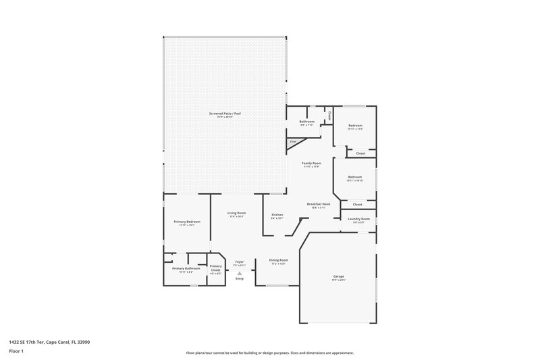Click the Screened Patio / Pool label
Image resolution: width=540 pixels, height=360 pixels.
pyautogui.click(x=225, y=113)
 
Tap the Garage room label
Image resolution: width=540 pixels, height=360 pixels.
pyautogui.click(x=338, y=276)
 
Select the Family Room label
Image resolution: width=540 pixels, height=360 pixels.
pyautogui.click(x=311, y=163)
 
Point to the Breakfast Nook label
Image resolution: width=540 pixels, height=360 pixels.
pyautogui.click(x=318, y=204)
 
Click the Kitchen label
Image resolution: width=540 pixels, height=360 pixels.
pyautogui.click(x=277, y=214)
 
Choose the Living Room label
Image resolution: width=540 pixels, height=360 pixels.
pyautogui.click(x=236, y=213)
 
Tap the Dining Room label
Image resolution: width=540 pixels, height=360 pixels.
pyautogui.click(x=279, y=260)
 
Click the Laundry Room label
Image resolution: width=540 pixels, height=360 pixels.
pyautogui.click(x=358, y=219)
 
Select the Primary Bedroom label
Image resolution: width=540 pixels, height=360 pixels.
pyautogui.click(x=186, y=222)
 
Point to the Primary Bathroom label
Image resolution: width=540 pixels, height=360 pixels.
pyautogui.click(x=186, y=268)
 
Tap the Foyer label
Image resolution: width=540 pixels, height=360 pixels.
pyautogui.click(x=239, y=262)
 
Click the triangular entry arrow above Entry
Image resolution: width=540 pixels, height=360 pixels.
pyautogui.click(x=239, y=273)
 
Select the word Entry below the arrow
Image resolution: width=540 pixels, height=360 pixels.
pyautogui.click(x=239, y=278)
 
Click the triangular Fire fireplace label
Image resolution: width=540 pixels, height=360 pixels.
pyautogui.click(x=292, y=142)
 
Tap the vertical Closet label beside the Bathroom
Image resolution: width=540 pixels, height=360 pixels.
pyautogui.click(x=329, y=115)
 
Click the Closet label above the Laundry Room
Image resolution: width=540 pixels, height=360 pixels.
pyautogui.click(x=357, y=204)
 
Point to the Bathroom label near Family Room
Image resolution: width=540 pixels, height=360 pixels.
pyautogui.click(x=307, y=122)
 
